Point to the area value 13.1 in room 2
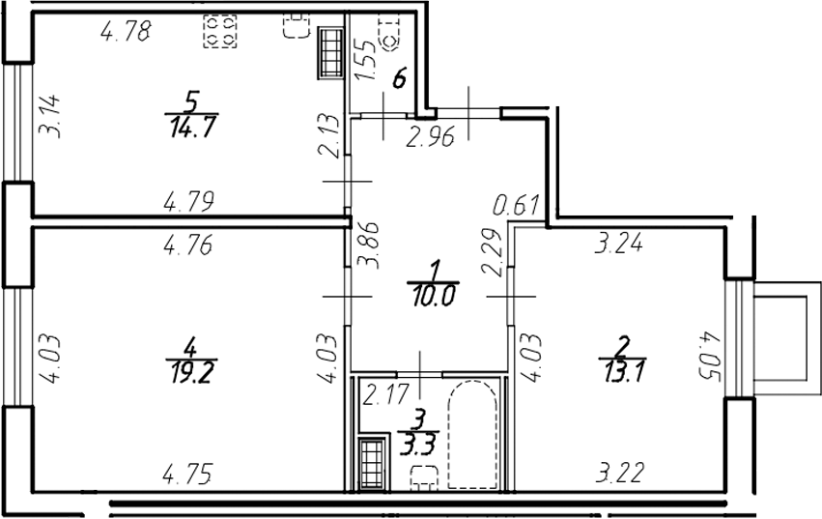[x=621, y=366]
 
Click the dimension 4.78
[x=126, y=32]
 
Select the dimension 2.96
[x=429, y=137]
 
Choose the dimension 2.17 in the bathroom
[x=383, y=395]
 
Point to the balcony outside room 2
[x=779, y=340]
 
